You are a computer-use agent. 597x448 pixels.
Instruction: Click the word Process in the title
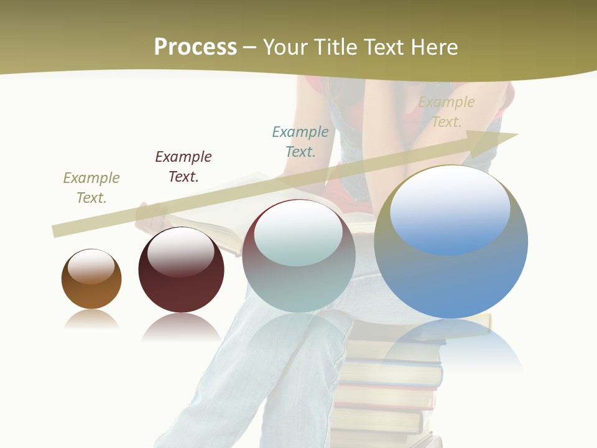click(195, 47)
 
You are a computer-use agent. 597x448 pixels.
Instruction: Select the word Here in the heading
click(433, 47)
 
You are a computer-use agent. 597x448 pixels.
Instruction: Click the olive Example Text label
click(91, 188)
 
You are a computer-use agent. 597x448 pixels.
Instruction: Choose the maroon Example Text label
click(183, 167)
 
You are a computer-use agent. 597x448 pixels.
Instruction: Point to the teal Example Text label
click(300, 141)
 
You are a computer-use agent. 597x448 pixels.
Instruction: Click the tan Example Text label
click(447, 112)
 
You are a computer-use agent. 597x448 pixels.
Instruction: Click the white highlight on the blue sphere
click(450, 208)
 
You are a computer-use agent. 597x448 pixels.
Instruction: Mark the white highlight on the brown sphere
click(91, 266)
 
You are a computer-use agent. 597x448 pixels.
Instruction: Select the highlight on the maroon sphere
click(180, 250)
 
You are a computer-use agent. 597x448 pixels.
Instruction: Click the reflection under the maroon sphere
click(181, 326)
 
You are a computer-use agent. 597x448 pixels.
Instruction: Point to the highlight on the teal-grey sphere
click(298, 232)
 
